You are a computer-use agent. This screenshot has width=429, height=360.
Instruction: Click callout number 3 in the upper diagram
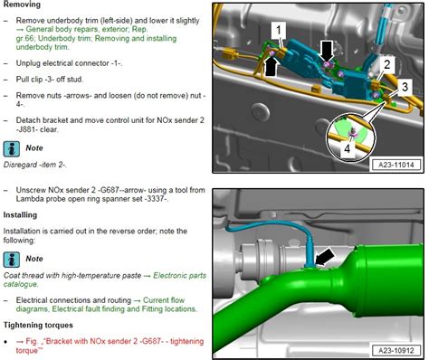[405, 85]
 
